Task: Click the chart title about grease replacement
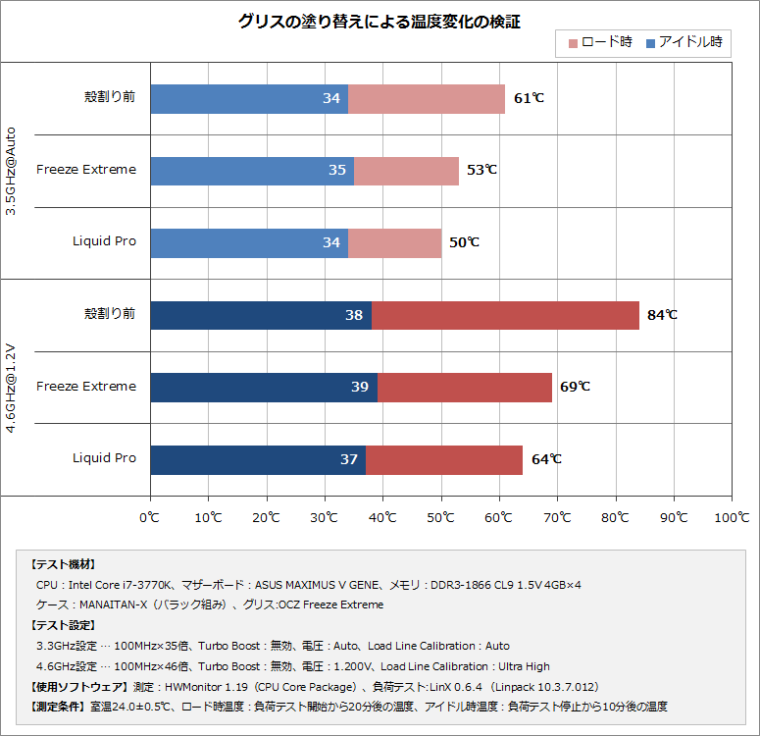pyautogui.click(x=380, y=22)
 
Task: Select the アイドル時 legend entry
pyautogui.click(x=684, y=43)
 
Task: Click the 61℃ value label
pyautogui.click(x=529, y=98)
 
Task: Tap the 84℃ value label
pyautogui.click(x=662, y=315)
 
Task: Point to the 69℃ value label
pyautogui.click(x=575, y=387)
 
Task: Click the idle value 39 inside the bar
pyautogui.click(x=360, y=387)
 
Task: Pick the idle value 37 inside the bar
pyautogui.click(x=348, y=459)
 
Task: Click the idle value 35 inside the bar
pyautogui.click(x=336, y=170)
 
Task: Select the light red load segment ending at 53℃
pyautogui.click(x=406, y=170)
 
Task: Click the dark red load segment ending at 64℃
pyautogui.click(x=443, y=459)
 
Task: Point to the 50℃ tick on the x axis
pyautogui.click(x=441, y=516)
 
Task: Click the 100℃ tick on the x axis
pyautogui.click(x=731, y=516)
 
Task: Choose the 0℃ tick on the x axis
pyautogui.click(x=150, y=516)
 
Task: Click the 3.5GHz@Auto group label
pyautogui.click(x=11, y=170)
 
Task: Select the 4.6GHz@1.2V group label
pyautogui.click(x=11, y=387)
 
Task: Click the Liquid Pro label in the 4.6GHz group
pyautogui.click(x=104, y=458)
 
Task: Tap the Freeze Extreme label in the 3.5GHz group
pyautogui.click(x=86, y=170)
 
